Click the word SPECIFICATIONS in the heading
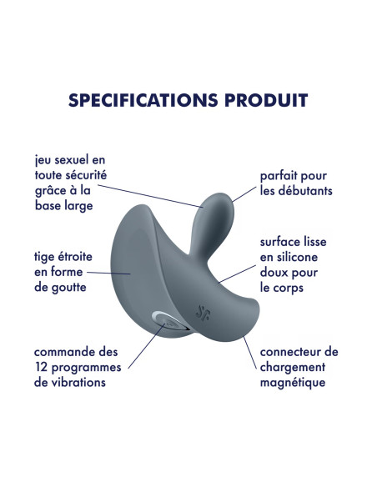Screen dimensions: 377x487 143,100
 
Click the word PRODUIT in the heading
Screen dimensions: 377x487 266,100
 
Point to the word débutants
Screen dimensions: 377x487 305,190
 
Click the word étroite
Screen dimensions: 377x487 74,257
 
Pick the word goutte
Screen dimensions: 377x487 69,288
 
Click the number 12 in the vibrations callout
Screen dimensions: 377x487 41,368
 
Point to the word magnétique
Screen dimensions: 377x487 293,383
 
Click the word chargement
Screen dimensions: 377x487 293,368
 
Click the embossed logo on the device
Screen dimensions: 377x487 203,313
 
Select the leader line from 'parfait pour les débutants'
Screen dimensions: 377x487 244,194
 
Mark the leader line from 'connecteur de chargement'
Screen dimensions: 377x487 250,353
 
